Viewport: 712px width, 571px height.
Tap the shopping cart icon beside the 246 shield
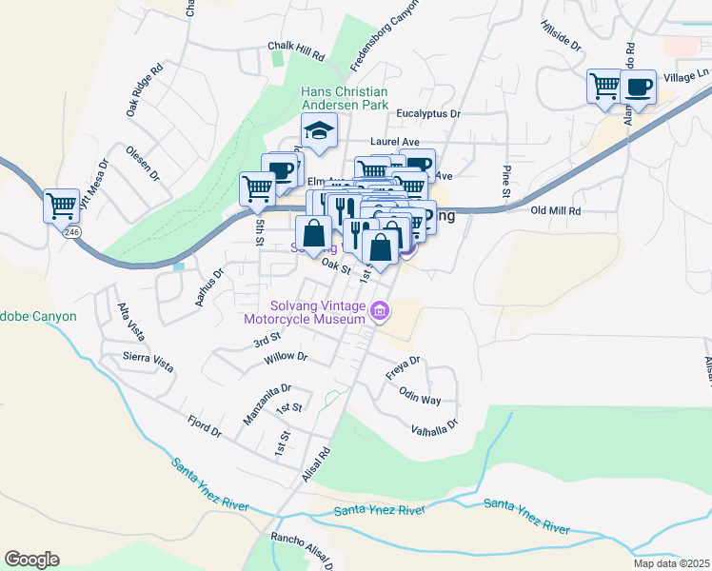(x=61, y=205)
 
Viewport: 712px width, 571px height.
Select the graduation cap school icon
(x=320, y=131)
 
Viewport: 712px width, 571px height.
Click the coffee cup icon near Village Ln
(x=638, y=88)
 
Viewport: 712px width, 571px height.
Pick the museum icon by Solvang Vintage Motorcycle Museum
(x=380, y=310)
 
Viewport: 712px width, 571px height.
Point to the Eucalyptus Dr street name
(x=428, y=113)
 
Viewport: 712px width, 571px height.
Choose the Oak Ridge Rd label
(x=145, y=91)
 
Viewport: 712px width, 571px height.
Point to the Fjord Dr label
(x=205, y=424)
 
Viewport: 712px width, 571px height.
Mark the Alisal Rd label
(x=316, y=465)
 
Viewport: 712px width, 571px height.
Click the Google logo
(x=31, y=560)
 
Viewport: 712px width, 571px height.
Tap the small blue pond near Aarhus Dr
(x=179, y=266)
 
